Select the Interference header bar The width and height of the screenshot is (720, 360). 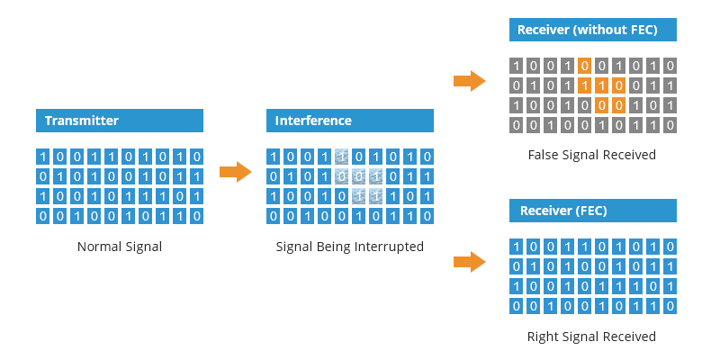(350, 121)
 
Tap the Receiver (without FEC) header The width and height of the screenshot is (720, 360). (592, 30)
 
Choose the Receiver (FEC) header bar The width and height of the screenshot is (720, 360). (592, 211)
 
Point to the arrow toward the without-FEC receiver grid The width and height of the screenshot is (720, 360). (469, 81)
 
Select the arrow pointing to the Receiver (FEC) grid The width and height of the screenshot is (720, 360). (469, 262)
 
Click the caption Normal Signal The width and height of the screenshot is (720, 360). (120, 247)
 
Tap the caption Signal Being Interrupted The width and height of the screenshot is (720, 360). (350, 247)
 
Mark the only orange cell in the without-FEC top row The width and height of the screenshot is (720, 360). (585, 66)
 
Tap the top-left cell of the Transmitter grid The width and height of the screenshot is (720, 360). (44, 156)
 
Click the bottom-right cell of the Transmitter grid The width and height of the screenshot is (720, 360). (195, 215)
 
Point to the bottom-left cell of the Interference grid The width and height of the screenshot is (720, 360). (274, 215)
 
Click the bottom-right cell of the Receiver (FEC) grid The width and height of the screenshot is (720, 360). (670, 307)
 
